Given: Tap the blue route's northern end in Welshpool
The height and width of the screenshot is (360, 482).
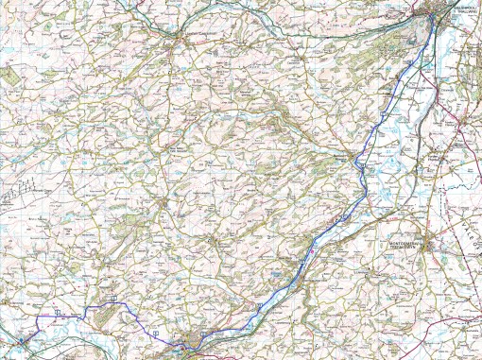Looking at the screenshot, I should [x=433, y=21].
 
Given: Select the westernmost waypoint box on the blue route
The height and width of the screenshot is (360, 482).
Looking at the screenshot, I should [x=58, y=311].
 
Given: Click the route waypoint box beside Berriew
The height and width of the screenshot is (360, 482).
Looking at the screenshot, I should [x=360, y=165].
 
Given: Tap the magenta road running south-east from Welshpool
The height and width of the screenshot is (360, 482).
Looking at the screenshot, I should [x=454, y=57].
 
